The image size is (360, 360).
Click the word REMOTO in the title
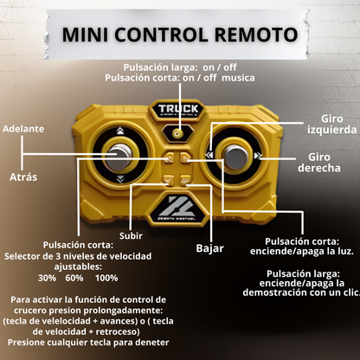click(254, 35)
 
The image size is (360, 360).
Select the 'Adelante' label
click(23, 128)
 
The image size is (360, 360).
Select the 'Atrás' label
click(22, 177)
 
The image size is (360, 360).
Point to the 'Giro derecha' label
click(318, 162)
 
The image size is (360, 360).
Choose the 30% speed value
click(48, 278)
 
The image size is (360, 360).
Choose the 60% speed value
click(74, 278)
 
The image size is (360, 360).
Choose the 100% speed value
click(106, 278)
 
